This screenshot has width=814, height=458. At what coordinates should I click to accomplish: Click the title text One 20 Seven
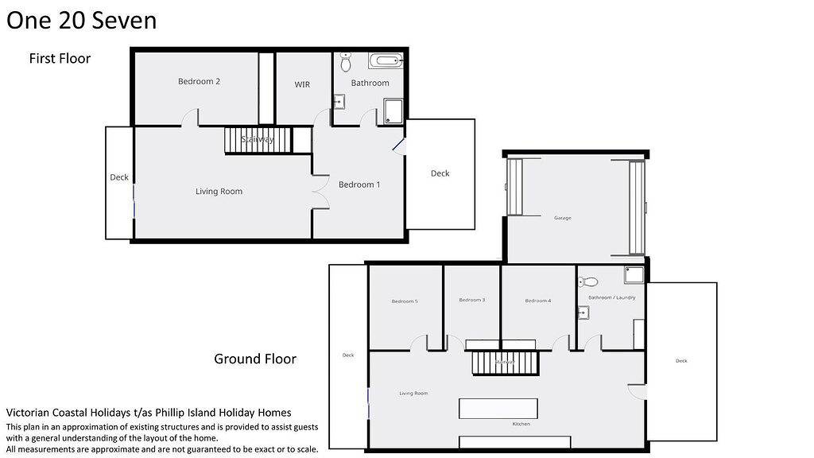pos(81,20)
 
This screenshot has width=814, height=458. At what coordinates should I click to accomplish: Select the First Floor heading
pos(60,59)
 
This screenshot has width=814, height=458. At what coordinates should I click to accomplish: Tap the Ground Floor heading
pos(255,359)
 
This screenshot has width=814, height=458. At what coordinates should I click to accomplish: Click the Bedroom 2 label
pos(199,81)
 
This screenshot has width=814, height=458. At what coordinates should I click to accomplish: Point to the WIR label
pos(302,84)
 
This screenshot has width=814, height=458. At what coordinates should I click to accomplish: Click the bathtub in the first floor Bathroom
pos(386,60)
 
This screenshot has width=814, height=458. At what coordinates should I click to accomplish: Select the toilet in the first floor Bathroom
pos(346,62)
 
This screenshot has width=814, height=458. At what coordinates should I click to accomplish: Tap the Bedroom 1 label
pos(359,184)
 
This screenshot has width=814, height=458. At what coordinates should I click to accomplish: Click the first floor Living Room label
pos(219,191)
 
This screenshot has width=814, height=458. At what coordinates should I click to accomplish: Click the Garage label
pos(563,218)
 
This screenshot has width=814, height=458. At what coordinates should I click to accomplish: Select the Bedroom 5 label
pos(404,301)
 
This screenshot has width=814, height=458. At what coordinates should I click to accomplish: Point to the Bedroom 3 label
pos(471,300)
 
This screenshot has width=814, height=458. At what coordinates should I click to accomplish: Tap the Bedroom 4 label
pos(538,301)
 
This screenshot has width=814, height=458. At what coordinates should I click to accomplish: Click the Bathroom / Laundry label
pos(611,297)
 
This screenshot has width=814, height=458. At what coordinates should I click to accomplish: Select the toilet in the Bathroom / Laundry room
pos(589,281)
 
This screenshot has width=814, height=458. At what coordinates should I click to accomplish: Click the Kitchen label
pos(521,424)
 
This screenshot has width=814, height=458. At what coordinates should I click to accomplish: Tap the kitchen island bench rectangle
pos(498,409)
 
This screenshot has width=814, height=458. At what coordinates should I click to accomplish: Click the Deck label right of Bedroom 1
pos(440,173)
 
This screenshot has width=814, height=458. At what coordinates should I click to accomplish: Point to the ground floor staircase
pos(505,363)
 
